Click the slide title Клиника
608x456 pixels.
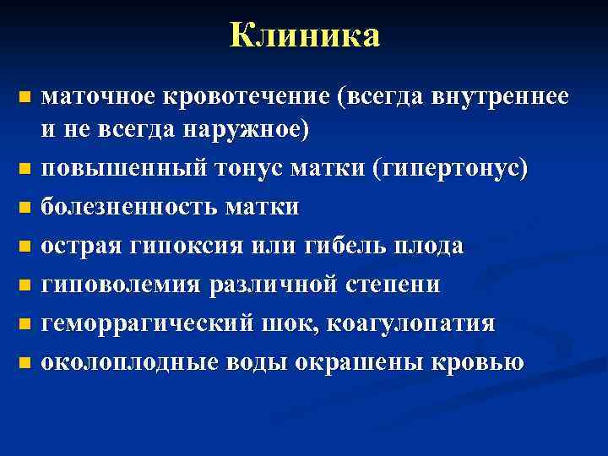305,36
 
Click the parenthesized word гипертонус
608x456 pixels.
438,169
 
